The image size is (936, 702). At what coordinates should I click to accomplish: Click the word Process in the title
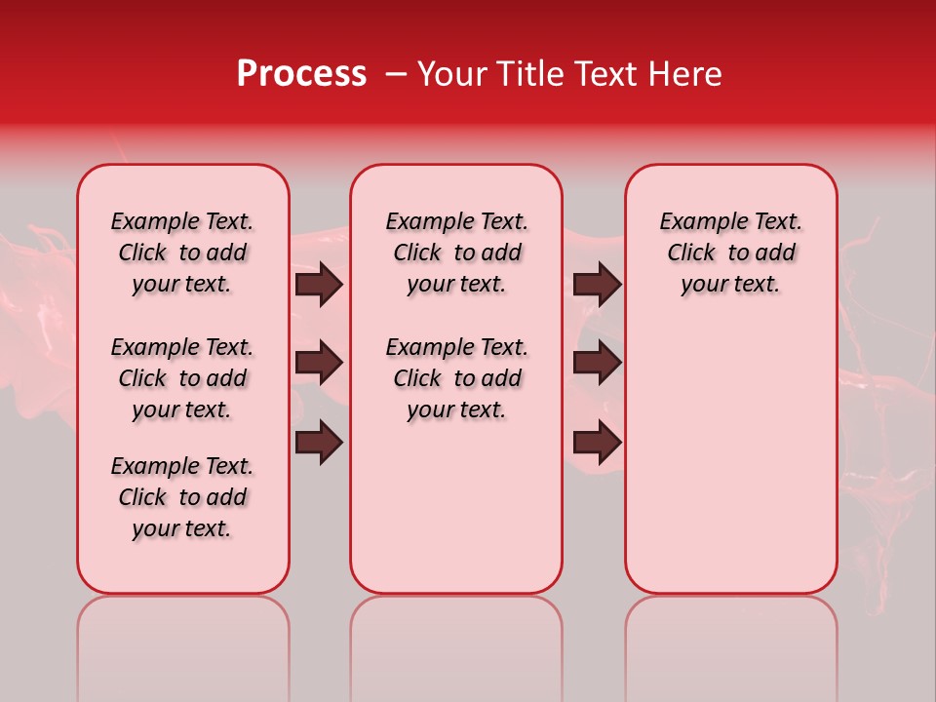[x=301, y=74]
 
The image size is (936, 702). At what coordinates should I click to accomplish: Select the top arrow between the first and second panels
[x=319, y=284]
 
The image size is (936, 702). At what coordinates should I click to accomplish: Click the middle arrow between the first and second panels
[x=319, y=363]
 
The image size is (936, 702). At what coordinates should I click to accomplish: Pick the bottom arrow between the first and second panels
[x=319, y=442]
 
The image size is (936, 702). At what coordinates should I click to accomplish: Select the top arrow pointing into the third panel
[x=597, y=284]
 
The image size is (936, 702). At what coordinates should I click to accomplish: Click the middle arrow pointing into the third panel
[x=597, y=363]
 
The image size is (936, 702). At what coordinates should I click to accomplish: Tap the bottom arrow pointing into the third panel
[x=597, y=442]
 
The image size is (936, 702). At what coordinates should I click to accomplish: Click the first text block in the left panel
[x=182, y=253]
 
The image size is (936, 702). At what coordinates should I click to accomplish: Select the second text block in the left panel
[x=182, y=378]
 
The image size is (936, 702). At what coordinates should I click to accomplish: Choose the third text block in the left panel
[x=182, y=497]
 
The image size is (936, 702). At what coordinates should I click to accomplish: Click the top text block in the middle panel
[x=456, y=253]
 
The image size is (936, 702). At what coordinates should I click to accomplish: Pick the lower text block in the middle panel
[x=456, y=378]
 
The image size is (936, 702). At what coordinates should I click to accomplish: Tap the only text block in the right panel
[x=730, y=253]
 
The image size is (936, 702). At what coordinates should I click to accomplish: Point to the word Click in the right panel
[x=691, y=253]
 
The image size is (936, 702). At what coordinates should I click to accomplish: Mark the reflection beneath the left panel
[x=183, y=643]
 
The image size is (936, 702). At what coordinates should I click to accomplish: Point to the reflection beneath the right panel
[x=730, y=643]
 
